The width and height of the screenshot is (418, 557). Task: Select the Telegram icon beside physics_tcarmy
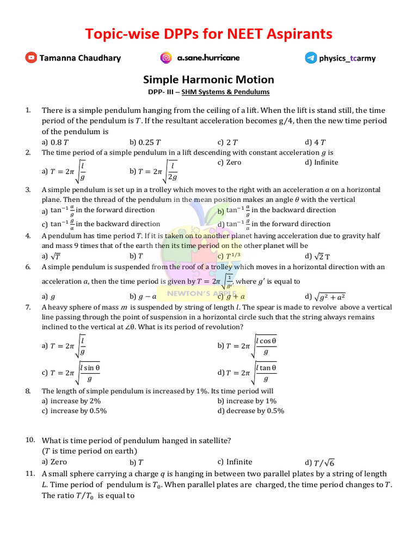pyautogui.click(x=311, y=58)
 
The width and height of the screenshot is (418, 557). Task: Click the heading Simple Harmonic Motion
pyautogui.click(x=208, y=80)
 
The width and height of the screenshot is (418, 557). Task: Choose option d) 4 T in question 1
pyautogui.click(x=316, y=142)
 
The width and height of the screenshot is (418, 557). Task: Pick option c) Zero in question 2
pyautogui.click(x=229, y=162)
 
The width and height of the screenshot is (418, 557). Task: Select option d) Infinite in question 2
pyautogui.click(x=322, y=162)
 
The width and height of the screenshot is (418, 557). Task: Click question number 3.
pyautogui.click(x=28, y=190)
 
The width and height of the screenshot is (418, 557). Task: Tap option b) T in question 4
pyautogui.click(x=136, y=256)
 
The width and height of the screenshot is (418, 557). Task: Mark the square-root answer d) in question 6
pyautogui.click(x=325, y=296)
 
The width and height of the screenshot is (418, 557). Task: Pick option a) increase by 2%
pyautogui.click(x=71, y=401)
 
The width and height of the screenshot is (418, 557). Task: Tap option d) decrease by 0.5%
pyautogui.click(x=251, y=411)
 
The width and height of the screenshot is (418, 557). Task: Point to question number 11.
pyautogui.click(x=30, y=474)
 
